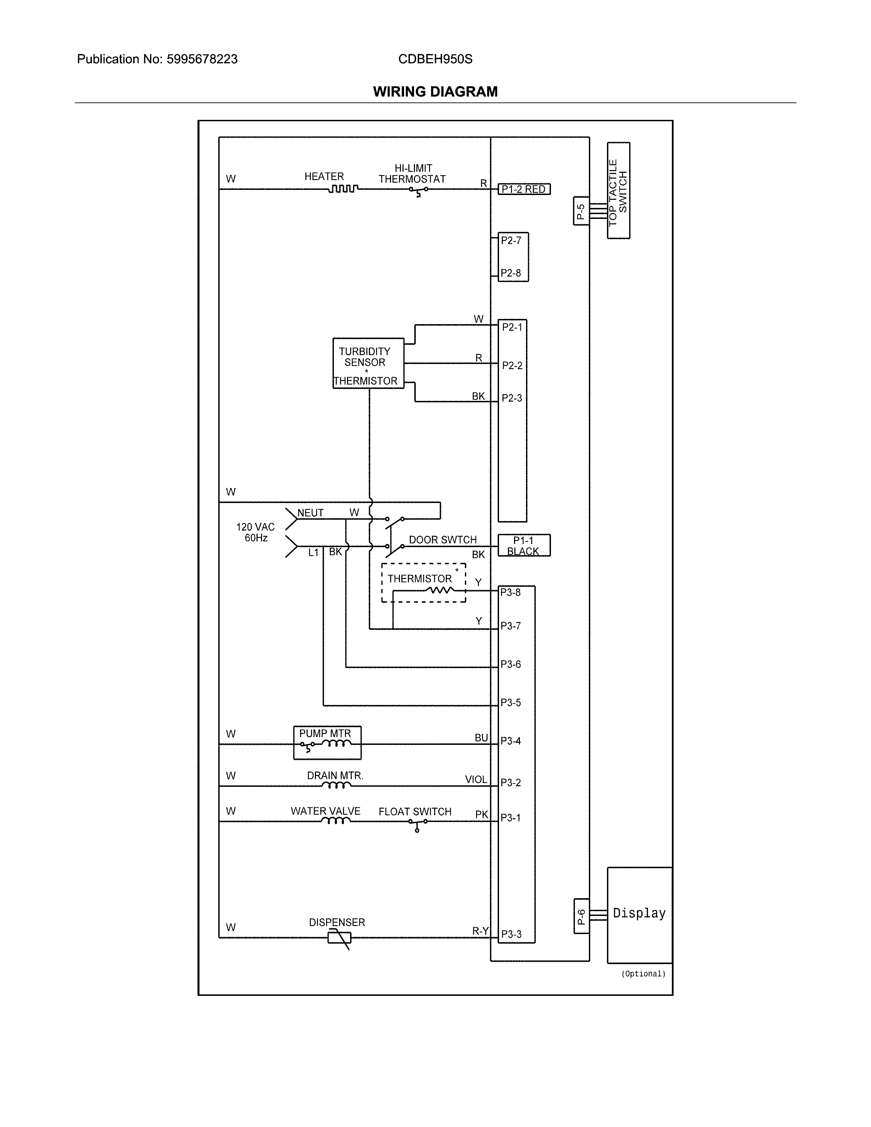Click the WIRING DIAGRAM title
click(x=435, y=92)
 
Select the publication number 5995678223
click(x=202, y=59)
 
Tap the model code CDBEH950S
click(x=435, y=59)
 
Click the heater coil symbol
click(x=343, y=189)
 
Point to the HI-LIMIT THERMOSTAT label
click(x=412, y=174)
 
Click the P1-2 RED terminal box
click(x=524, y=190)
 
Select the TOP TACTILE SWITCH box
click(x=618, y=191)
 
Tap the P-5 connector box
click(x=581, y=211)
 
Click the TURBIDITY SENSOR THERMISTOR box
click(x=368, y=363)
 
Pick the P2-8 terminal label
click(x=511, y=273)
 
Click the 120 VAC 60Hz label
click(x=255, y=532)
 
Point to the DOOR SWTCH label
click(x=442, y=540)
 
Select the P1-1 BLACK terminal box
click(x=524, y=545)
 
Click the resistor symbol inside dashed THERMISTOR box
click(x=440, y=589)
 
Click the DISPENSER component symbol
click(x=340, y=937)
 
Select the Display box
click(x=639, y=915)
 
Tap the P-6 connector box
click(x=581, y=916)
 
